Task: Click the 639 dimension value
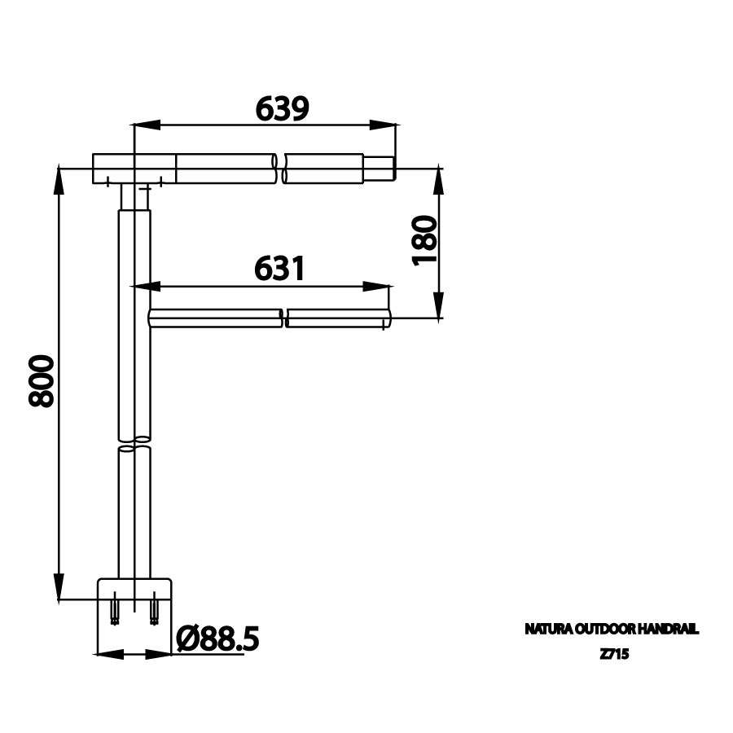(x=283, y=108)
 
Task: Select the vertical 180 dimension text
(x=424, y=240)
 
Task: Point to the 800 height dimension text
(x=42, y=380)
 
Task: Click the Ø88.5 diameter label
(x=217, y=639)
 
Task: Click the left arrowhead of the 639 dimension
(x=147, y=125)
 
